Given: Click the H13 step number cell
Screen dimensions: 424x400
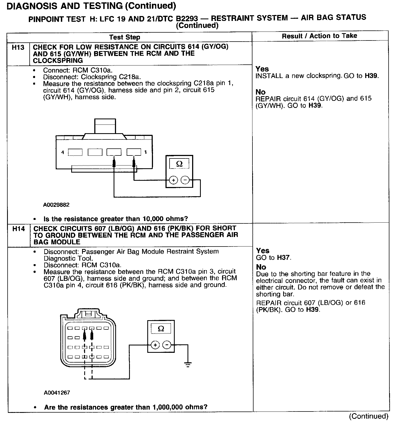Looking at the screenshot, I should coord(18,48).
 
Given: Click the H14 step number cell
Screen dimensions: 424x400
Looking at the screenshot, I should coord(18,229).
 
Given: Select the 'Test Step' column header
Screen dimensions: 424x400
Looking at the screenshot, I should coord(124,37).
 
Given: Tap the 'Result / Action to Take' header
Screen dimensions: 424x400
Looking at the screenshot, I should coord(319,36).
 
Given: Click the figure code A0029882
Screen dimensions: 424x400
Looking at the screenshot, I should coord(56,205).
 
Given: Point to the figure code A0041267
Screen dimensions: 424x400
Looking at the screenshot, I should coord(57,392).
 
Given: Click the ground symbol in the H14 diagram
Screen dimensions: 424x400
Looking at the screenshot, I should coord(187,364).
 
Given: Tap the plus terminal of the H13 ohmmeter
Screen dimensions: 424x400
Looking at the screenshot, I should coord(173,180).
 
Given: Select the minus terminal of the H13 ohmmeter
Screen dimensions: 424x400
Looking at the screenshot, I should coord(185,180).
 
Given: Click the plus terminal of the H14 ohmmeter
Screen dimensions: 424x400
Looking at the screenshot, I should coord(155,345).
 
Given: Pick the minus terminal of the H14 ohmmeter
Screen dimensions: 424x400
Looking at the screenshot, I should coord(167,345).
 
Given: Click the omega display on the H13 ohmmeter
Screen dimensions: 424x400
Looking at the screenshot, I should coord(179,164).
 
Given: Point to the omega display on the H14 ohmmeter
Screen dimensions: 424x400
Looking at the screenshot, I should coord(161,329).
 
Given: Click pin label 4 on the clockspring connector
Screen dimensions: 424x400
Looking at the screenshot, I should coord(62,152).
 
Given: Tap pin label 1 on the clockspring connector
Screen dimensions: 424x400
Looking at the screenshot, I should coord(146,152).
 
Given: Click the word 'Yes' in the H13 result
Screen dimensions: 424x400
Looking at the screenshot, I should coord(262,69).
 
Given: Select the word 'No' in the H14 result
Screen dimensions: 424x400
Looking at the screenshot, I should coord(261,267).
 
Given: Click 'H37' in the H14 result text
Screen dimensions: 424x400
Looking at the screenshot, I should coord(283,257).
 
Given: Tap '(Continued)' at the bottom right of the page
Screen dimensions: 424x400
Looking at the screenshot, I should coord(368,416).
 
